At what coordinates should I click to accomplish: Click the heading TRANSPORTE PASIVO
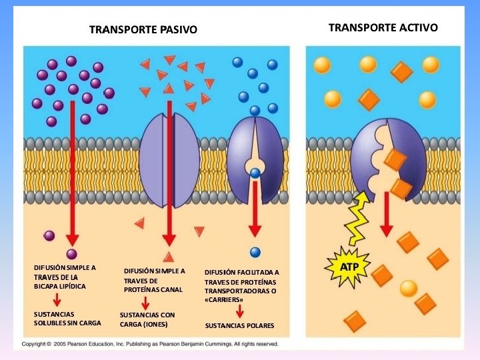143,29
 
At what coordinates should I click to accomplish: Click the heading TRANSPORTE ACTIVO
383,27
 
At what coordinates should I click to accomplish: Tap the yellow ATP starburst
349,266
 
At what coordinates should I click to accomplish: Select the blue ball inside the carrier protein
255,174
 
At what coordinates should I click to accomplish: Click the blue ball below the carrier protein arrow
255,252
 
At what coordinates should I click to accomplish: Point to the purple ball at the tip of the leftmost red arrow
72,254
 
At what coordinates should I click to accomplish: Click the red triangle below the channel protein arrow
169,257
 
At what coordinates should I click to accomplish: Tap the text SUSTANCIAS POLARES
239,326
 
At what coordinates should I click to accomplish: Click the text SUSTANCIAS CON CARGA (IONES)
147,319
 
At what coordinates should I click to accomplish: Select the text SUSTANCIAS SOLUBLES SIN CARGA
67,318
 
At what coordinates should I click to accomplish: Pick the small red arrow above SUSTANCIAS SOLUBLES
57,299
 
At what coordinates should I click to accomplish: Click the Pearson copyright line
150,344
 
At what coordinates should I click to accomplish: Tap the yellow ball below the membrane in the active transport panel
409,288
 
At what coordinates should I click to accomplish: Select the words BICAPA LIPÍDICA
60,286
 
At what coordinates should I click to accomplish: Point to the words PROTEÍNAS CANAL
153,290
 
